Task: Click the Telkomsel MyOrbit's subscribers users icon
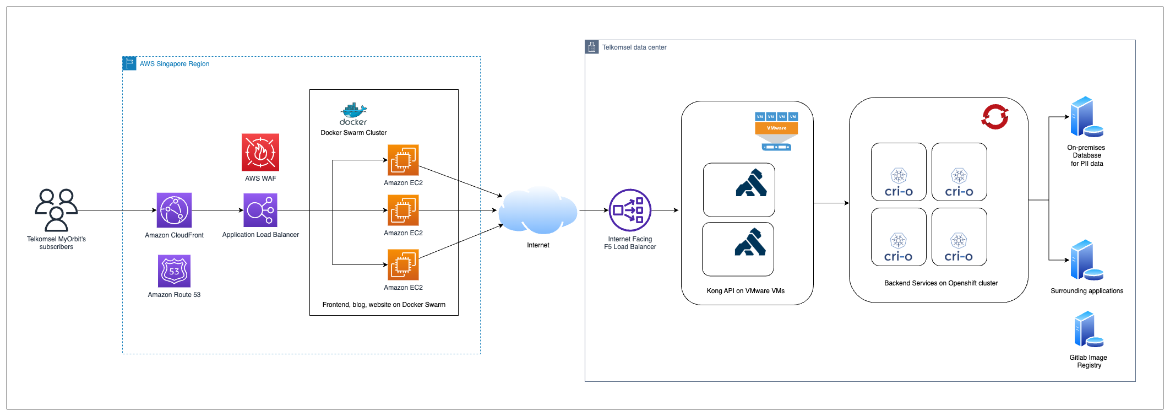click(56, 210)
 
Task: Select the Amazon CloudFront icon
click(174, 210)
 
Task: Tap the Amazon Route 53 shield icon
click(174, 271)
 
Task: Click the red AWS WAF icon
click(260, 152)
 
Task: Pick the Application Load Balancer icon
click(260, 210)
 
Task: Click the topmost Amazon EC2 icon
click(403, 160)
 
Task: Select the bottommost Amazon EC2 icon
click(403, 265)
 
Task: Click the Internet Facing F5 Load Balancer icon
click(630, 210)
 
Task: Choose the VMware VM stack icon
click(776, 131)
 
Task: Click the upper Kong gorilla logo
click(751, 183)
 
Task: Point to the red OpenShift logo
click(995, 117)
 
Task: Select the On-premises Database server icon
click(1086, 117)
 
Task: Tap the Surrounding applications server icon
click(1086, 260)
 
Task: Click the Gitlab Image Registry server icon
click(1089, 329)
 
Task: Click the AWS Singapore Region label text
click(175, 64)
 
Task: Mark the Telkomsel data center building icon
click(592, 47)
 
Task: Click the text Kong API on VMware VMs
click(745, 291)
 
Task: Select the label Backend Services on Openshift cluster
click(941, 283)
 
